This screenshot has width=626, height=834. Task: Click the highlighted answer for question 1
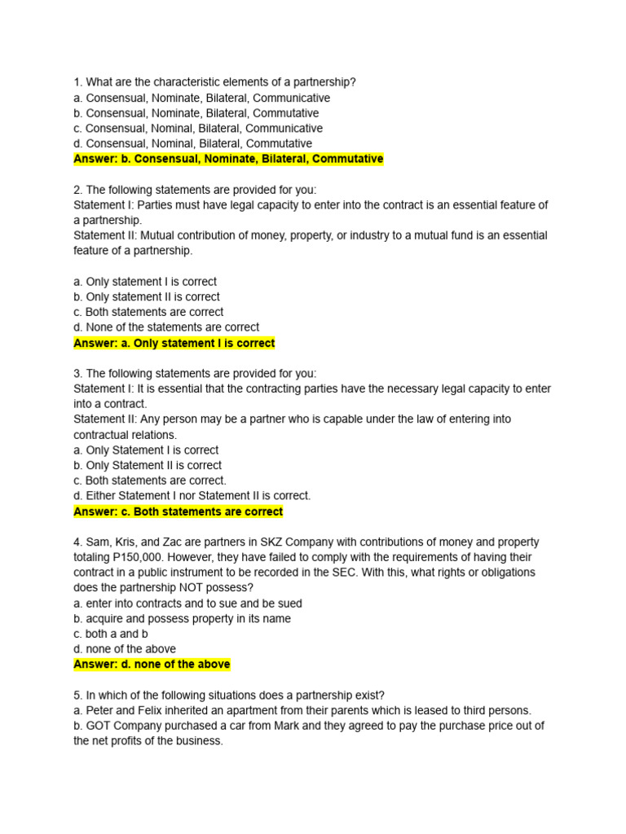228,159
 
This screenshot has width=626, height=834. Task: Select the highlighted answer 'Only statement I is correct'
174,343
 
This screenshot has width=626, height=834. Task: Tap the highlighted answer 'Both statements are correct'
179,511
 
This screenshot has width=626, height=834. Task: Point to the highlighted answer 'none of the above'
152,665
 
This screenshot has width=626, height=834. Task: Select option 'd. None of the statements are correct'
166,327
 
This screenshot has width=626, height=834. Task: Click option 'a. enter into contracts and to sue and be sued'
187,604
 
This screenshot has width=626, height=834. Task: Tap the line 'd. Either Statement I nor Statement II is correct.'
192,496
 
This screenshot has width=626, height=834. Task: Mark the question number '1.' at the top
77,82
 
